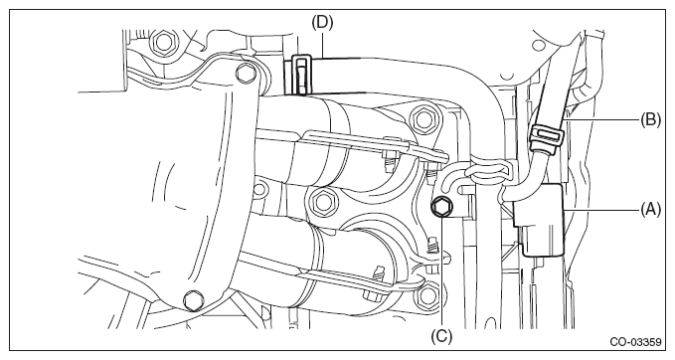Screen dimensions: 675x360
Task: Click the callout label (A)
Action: point(650,210)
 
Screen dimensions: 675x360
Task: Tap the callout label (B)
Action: point(650,119)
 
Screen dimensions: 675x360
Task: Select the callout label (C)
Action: point(442,336)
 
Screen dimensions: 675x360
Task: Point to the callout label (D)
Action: point(322,23)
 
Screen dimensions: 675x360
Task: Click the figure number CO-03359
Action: point(635,342)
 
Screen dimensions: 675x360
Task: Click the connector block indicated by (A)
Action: point(539,220)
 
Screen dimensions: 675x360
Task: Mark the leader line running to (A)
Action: point(602,210)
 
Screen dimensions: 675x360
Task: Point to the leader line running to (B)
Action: point(601,119)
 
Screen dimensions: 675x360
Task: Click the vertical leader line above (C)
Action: point(442,272)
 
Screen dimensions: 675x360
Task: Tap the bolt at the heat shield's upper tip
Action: point(245,73)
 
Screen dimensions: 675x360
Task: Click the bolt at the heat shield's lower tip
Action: point(193,299)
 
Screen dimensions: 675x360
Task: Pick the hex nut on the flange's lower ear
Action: point(427,295)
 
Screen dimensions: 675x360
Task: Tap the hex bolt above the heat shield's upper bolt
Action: point(163,42)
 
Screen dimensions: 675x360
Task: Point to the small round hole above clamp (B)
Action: point(539,46)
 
